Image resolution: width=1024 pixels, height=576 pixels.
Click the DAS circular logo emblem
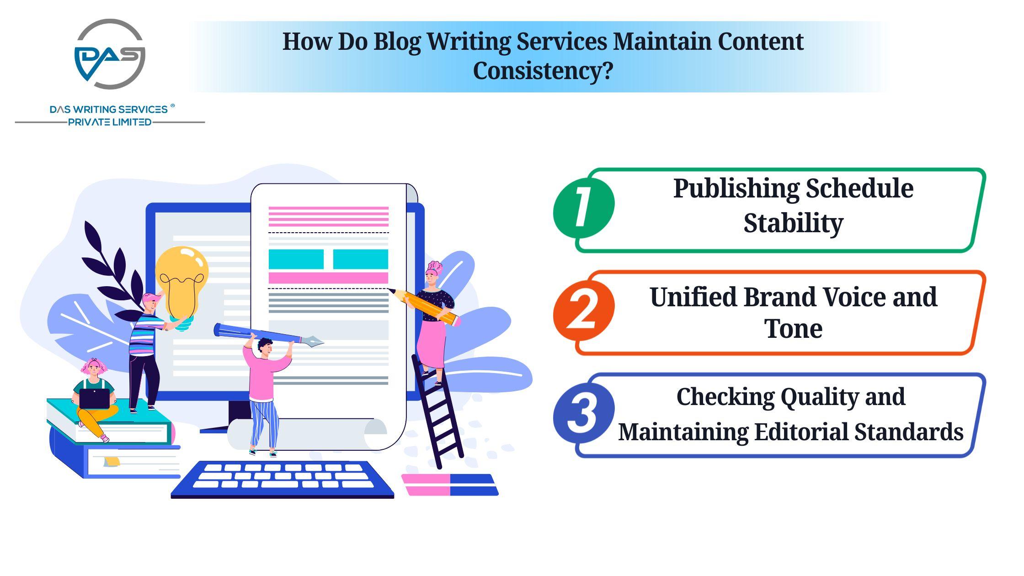110,54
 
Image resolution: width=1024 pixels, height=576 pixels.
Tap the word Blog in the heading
397,42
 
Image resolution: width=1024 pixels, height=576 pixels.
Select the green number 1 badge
583,208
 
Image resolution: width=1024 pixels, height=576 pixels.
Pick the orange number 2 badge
583,310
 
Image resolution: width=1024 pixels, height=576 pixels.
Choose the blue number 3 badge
583,413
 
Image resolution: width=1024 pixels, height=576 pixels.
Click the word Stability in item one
793,224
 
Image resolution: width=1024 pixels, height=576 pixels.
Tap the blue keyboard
283,479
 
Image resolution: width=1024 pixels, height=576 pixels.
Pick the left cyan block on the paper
296,259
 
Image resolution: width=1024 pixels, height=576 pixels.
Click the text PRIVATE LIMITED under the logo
110,122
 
